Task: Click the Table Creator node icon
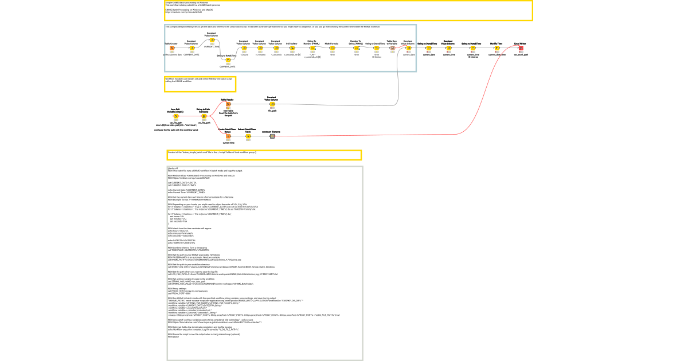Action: (171, 48)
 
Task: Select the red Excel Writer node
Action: (521, 48)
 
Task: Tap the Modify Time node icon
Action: (497, 48)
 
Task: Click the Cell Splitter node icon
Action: (292, 48)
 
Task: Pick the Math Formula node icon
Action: (332, 48)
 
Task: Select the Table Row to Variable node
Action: (392, 48)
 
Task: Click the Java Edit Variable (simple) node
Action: (176, 116)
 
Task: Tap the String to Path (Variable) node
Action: (204, 116)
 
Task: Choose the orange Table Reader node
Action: (228, 104)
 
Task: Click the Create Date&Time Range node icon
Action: (228, 136)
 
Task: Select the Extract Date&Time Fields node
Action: (248, 136)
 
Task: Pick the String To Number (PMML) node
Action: (312, 48)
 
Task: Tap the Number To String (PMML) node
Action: (356, 48)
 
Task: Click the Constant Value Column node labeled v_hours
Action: (244, 48)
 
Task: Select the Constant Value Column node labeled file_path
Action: (272, 104)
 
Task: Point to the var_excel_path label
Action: (521, 55)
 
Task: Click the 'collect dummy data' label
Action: (172, 55)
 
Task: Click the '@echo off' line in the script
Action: (173, 168)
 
